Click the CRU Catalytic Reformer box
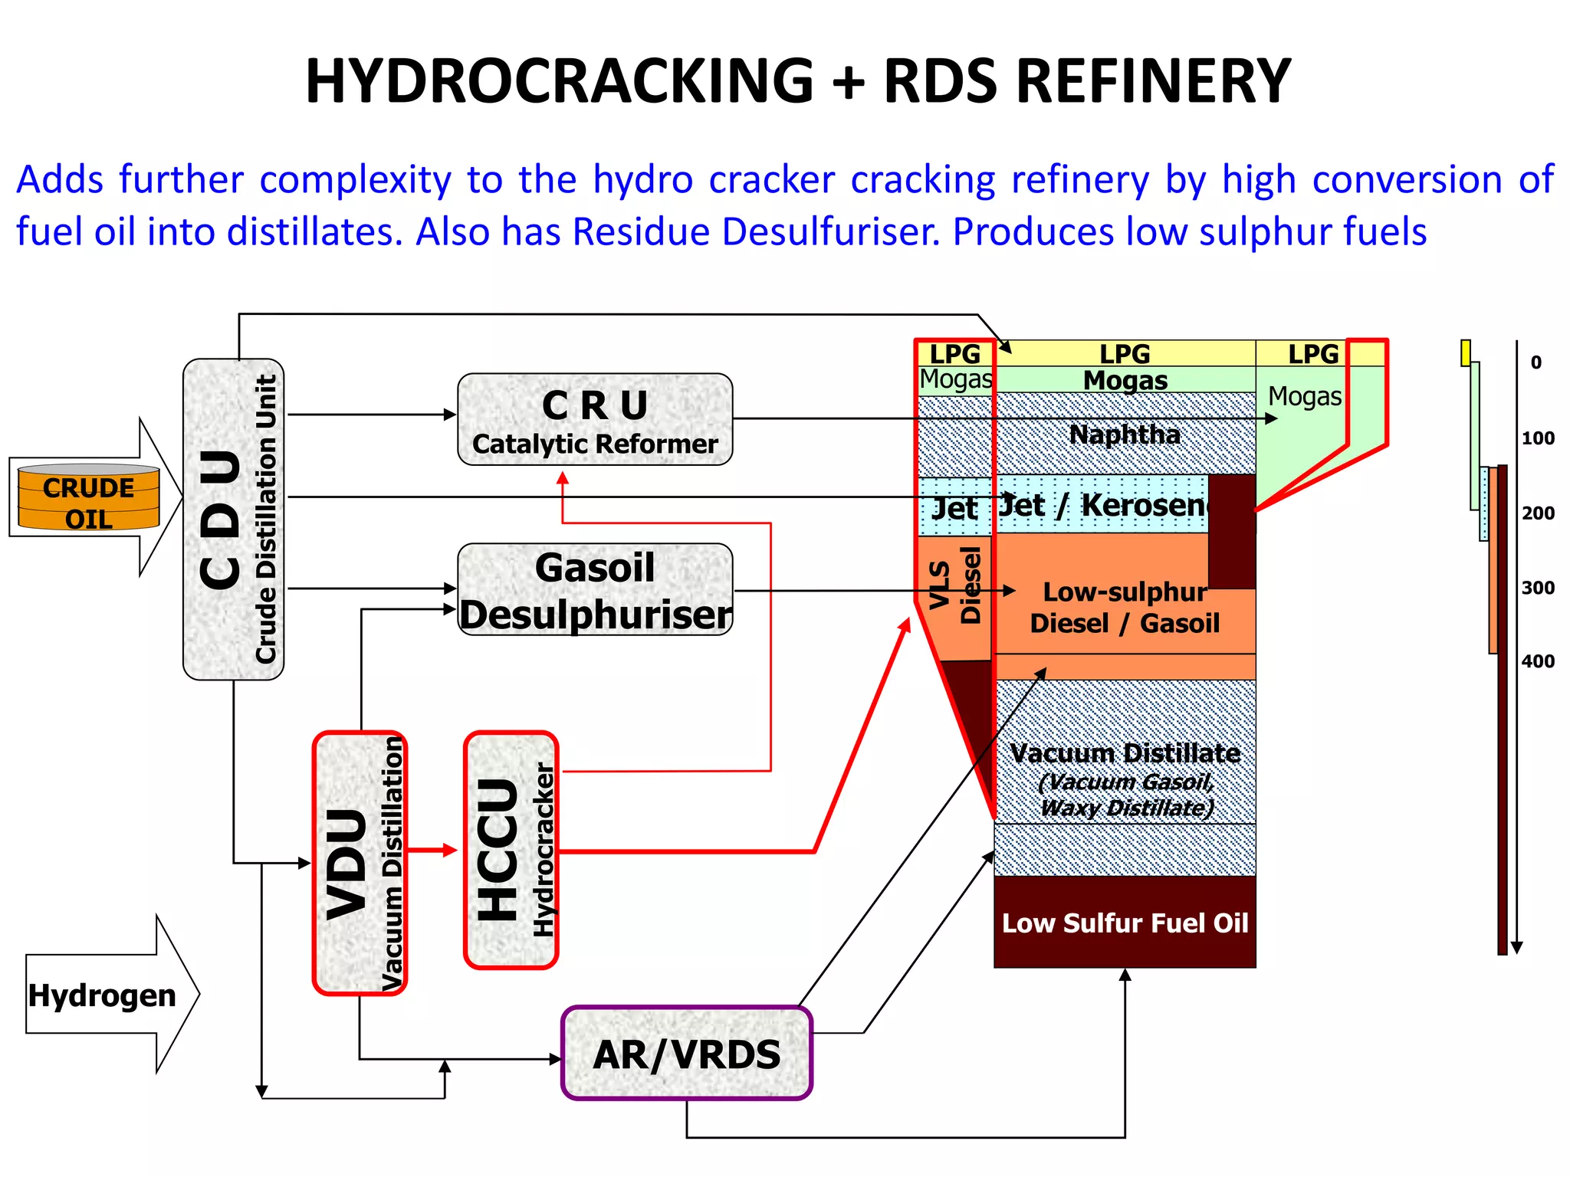tap(595, 420)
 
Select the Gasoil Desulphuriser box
tap(595, 589)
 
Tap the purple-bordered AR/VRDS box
tap(686, 1054)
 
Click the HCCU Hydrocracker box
tap(511, 850)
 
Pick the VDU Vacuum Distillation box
tap(360, 863)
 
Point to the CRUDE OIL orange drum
tap(89, 498)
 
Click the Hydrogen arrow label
tap(102, 995)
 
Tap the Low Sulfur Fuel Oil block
tap(1125, 923)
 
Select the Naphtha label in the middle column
tap(1125, 434)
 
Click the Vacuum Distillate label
tap(1125, 753)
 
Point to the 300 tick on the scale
tap(1538, 588)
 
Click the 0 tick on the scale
tap(1536, 362)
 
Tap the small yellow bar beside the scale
tap(1466, 353)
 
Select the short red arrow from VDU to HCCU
tap(433, 850)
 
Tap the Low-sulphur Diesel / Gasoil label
tap(1125, 607)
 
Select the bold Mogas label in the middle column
tap(1125, 380)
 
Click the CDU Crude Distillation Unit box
tap(234, 520)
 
